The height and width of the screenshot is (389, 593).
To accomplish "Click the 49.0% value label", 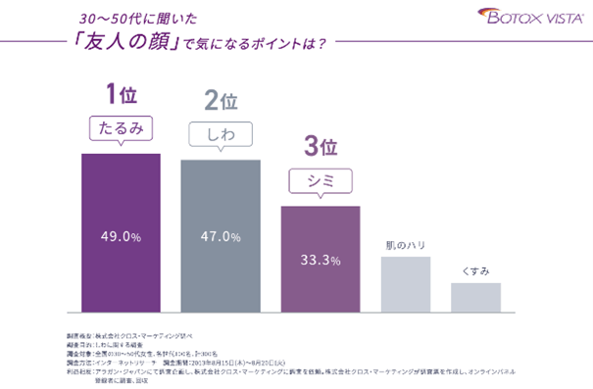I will pyautogui.click(x=120, y=236).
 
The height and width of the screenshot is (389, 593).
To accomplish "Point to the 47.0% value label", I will pyautogui.click(x=221, y=236).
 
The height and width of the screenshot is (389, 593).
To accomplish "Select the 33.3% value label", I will pyautogui.click(x=321, y=261).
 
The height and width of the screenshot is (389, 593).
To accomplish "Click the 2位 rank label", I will pyautogui.click(x=221, y=102).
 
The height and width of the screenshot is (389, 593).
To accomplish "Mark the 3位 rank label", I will pyautogui.click(x=321, y=147).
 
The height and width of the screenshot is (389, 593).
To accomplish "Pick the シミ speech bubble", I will pyautogui.click(x=321, y=181).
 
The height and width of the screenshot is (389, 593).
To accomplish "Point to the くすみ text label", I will pyautogui.click(x=475, y=268).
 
